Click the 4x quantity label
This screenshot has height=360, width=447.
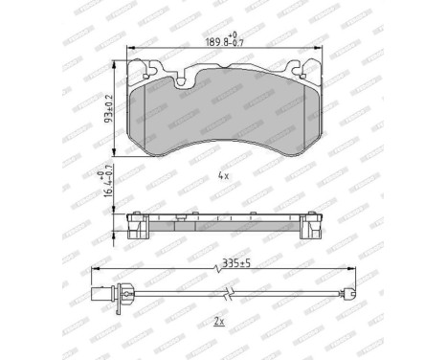pos(222,176)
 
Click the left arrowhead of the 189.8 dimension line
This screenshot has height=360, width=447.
pos(130,49)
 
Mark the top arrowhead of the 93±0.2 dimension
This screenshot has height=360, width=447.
pos(118,60)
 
